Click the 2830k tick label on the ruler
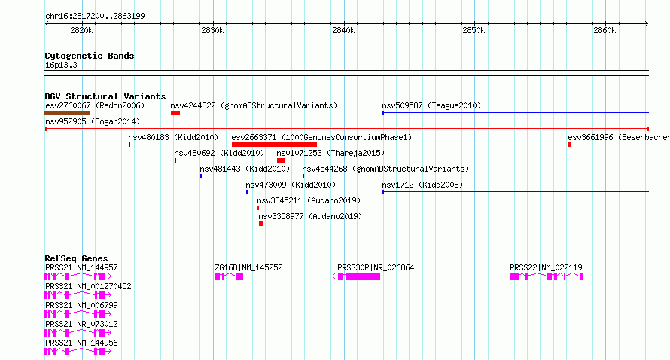[212, 30]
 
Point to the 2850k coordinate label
[474, 30]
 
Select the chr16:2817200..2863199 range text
[95, 16]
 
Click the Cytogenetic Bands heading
[90, 56]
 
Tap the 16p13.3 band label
[61, 65]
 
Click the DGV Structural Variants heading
[105, 96]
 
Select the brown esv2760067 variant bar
[67, 113]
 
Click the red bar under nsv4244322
[175, 113]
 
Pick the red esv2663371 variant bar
[274, 145]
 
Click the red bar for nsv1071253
[281, 160]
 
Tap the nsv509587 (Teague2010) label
[431, 105]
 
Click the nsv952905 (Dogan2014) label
[93, 121]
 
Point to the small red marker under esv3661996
[569, 145]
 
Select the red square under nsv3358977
[260, 224]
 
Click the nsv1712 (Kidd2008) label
[422, 185]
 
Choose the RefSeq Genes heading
[76, 258]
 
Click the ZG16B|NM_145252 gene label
[248, 267]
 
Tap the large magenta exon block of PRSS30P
[363, 276]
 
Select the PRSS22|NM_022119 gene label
[546, 267]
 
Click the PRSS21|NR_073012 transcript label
[81, 324]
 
